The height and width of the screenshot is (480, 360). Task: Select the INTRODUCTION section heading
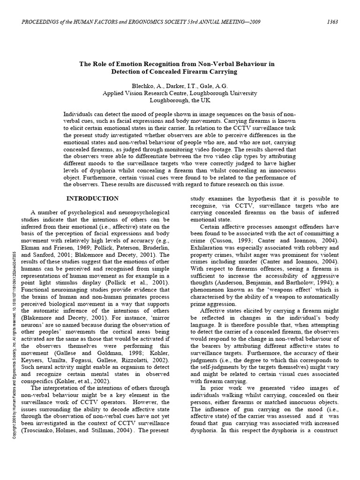pos(93,198)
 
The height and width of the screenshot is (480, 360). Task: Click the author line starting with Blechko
pos(180,85)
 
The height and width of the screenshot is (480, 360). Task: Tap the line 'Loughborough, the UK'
pos(180,100)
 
